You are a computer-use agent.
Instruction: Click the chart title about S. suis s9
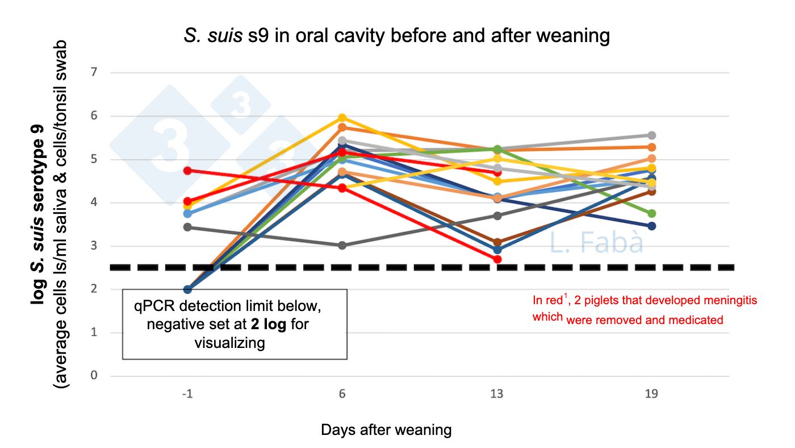point(397,36)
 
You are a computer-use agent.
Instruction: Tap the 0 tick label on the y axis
point(94,376)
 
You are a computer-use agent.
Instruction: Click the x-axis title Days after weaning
point(386,430)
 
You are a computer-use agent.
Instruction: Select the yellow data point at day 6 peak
point(342,118)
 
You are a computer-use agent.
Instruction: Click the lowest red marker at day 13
point(497,259)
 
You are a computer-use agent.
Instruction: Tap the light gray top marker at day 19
point(652,135)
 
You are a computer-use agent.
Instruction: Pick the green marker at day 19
point(652,213)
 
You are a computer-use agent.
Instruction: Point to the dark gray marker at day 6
point(342,246)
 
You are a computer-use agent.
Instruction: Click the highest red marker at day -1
point(188,171)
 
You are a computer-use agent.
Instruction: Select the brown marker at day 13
point(497,242)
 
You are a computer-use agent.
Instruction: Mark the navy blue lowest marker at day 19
point(652,226)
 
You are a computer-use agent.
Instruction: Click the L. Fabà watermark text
point(596,243)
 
